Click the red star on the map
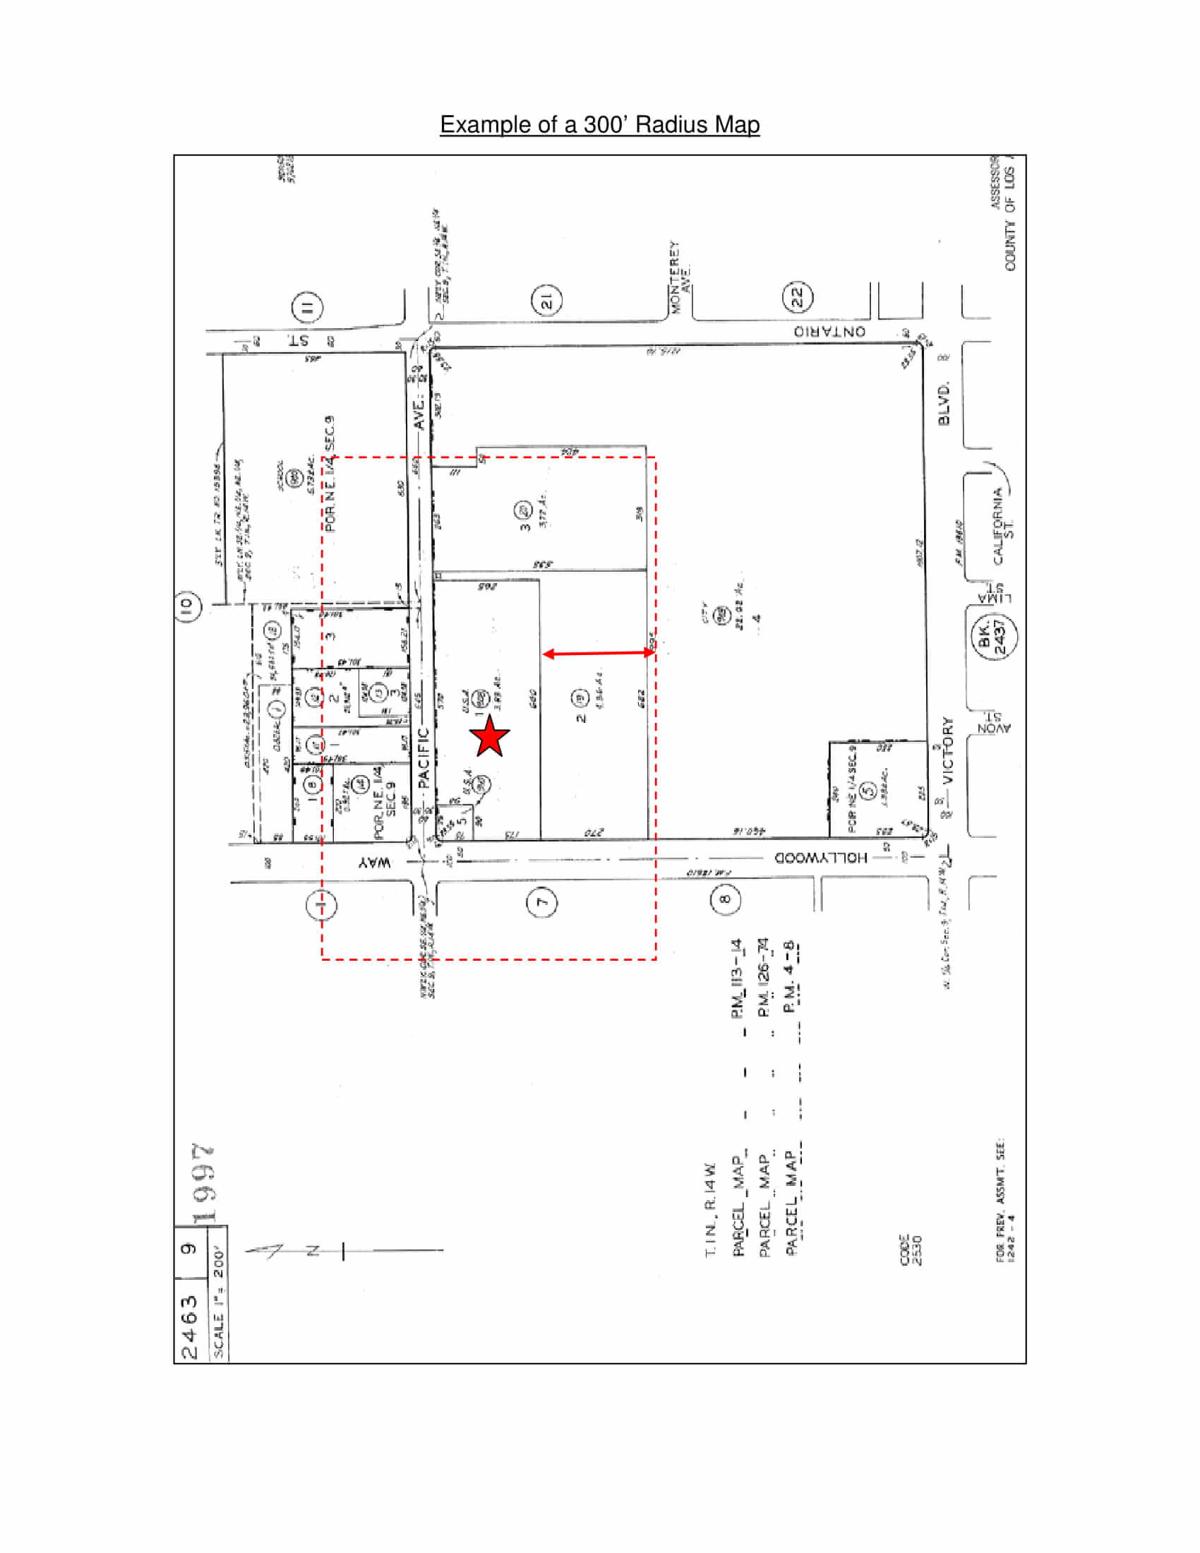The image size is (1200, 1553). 490,737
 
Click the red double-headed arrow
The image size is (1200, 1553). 599,653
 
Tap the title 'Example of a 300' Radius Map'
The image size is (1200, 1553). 599,124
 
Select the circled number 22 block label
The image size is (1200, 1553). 798,296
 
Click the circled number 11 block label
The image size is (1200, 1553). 307,307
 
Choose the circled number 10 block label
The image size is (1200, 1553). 187,606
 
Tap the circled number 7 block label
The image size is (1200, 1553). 541,902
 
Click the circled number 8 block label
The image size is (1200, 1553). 725,899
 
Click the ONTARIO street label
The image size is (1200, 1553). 829,332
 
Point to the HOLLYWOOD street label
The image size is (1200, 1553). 820,858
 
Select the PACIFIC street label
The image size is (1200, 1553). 424,757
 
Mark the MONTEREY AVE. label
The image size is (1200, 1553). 679,277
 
